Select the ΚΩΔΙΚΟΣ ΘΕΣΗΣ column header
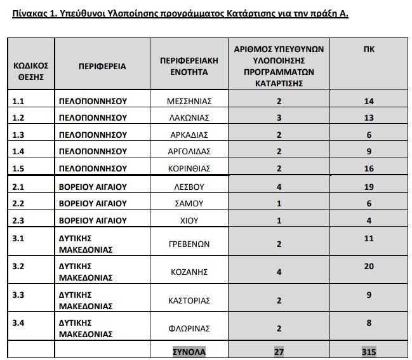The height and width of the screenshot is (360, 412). coord(30,71)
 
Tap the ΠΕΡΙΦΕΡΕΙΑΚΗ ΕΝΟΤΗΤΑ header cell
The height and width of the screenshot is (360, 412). coord(189,66)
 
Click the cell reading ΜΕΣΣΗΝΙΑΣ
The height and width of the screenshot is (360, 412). coord(189,101)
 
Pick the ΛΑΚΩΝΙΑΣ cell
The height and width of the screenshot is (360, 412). coord(189,117)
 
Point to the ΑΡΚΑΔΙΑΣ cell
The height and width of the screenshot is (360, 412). coord(189,135)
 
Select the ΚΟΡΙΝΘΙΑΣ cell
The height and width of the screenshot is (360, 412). coord(189,168)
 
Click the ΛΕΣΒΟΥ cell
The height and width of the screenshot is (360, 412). coord(189,187)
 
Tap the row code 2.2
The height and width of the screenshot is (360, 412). coord(18,203)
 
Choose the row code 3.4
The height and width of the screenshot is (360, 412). coord(18,323)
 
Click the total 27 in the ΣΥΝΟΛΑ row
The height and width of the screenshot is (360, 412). coord(279,351)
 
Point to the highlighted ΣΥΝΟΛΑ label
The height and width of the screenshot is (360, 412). coord(189,351)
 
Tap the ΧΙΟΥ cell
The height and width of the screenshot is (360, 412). coord(189,220)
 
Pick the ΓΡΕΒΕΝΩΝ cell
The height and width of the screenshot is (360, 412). coord(189,244)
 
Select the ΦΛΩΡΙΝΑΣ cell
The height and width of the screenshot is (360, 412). coord(189,329)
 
